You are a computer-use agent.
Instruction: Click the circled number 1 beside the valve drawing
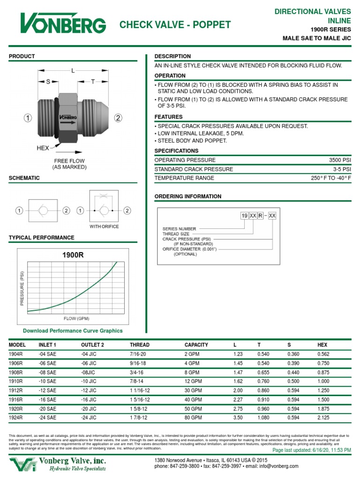pyautogui.click(x=28, y=118)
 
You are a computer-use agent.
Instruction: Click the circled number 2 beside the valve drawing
pyautogui.click(x=118, y=118)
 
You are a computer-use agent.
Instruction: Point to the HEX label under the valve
pyautogui.click(x=43, y=148)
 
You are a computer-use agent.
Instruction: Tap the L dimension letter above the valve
pyautogui.click(x=73, y=71)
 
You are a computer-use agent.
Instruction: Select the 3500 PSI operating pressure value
pyautogui.click(x=340, y=160)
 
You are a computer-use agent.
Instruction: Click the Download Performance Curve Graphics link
pyautogui.click(x=73, y=330)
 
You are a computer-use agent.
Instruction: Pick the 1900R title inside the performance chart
pyautogui.click(x=73, y=255)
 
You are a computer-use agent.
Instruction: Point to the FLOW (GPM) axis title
pyautogui.click(x=76, y=318)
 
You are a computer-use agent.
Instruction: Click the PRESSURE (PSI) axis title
pyautogui.click(x=22, y=288)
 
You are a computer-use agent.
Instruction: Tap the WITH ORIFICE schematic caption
pyautogui.click(x=104, y=226)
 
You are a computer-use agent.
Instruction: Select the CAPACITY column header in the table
pyautogui.click(x=196, y=345)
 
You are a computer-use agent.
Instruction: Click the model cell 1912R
pyautogui.click(x=16, y=390)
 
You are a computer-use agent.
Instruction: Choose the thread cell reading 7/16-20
pyautogui.click(x=139, y=354)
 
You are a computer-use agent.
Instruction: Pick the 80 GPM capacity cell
pyautogui.click(x=193, y=417)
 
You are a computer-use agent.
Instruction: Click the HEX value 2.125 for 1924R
pyautogui.click(x=324, y=417)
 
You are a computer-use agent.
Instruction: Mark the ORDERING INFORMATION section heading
pyautogui.click(x=188, y=196)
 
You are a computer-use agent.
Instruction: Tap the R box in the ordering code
pyautogui.click(x=261, y=216)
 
